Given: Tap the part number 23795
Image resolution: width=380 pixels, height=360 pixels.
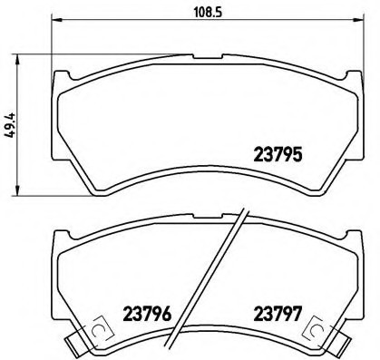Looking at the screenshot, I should (x=277, y=154).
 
